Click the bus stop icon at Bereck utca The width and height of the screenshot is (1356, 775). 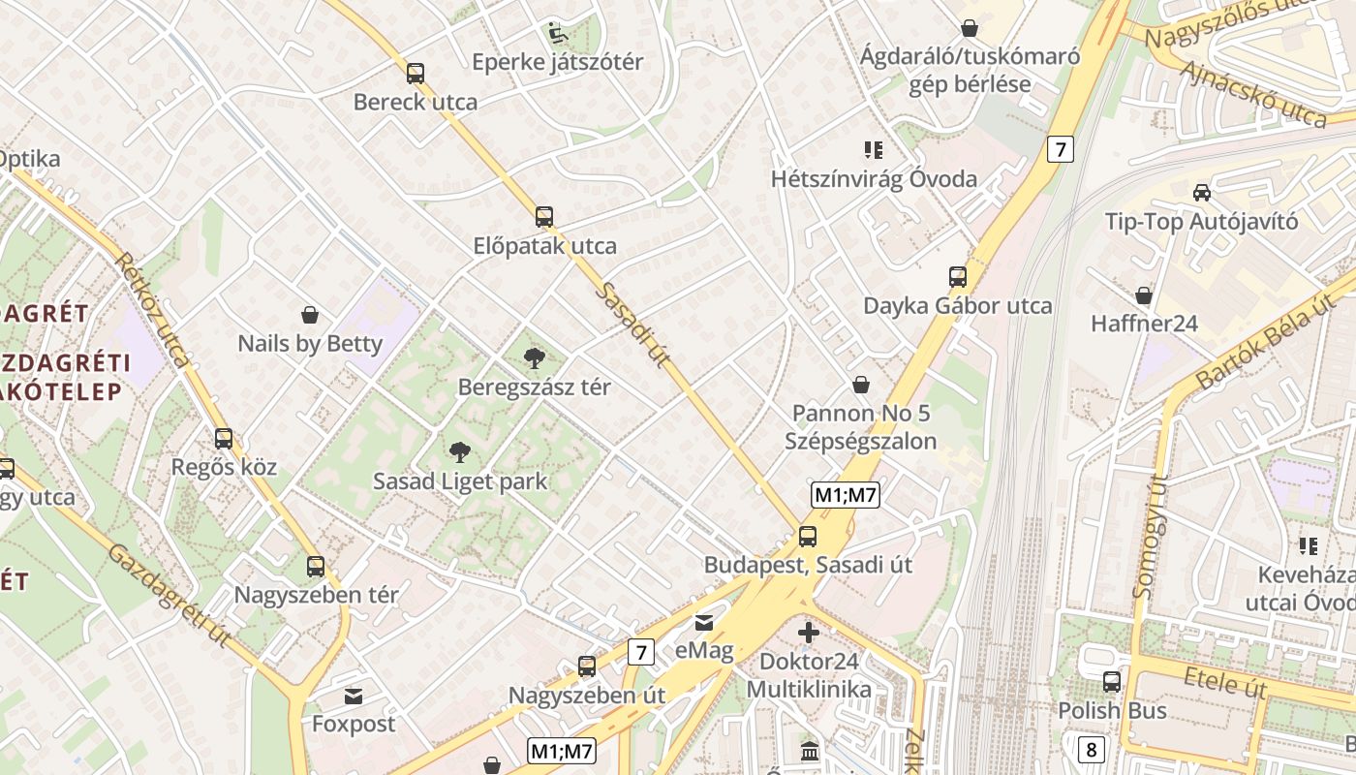pos(416,73)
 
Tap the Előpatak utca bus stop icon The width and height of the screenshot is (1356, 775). pos(544,217)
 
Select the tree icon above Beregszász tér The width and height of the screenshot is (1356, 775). pos(534,358)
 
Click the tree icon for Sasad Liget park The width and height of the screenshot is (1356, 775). pos(460,451)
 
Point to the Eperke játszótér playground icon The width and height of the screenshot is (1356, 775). pos(558,33)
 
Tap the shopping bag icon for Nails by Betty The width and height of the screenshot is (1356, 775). pos(310,315)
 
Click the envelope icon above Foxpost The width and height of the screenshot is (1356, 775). pos(354,696)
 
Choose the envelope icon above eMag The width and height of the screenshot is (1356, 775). pos(704,622)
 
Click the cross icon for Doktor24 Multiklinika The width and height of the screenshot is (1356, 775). pos(809,634)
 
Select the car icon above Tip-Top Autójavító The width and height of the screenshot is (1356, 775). pos(1201,192)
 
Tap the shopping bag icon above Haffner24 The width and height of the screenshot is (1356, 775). pos(1144,294)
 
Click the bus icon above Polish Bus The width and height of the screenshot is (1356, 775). pos(1112,682)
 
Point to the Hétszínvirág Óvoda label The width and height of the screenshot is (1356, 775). pos(874,179)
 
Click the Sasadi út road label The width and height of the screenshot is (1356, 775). pos(634,325)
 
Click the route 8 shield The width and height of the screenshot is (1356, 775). pos(1092,748)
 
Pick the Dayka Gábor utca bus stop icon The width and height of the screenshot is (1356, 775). pos(958,277)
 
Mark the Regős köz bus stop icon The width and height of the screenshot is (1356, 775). pos(224,439)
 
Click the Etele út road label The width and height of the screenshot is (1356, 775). pos(1224,682)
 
